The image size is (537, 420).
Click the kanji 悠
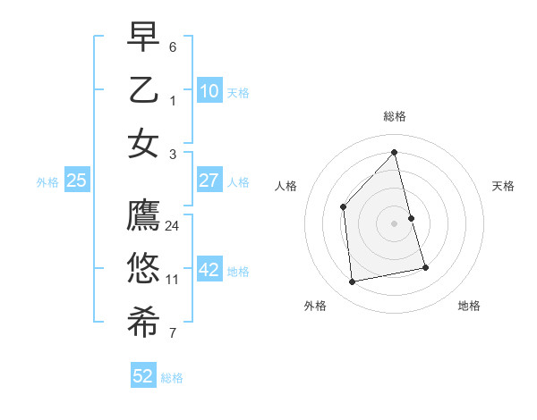(x=143, y=269)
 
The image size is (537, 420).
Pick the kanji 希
(x=143, y=323)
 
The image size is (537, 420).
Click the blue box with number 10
(x=209, y=91)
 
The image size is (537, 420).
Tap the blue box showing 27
(x=209, y=181)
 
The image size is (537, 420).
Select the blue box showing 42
(x=209, y=270)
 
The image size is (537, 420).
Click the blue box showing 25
(x=77, y=181)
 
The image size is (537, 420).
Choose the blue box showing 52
(x=143, y=376)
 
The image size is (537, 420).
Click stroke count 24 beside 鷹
(x=173, y=226)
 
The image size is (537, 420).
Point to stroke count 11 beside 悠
(x=173, y=280)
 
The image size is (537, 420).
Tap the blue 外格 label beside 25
(x=47, y=181)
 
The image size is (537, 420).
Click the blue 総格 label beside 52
(x=172, y=378)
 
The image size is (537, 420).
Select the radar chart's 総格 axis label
(x=394, y=116)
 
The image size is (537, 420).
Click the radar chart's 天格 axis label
(x=503, y=186)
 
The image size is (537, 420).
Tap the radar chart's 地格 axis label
(x=469, y=306)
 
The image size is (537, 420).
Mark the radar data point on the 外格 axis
(x=353, y=282)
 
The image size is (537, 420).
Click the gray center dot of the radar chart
(x=394, y=223)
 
